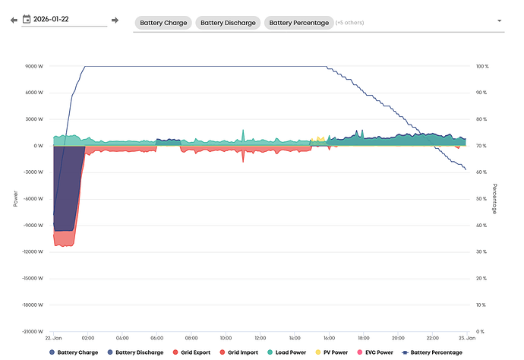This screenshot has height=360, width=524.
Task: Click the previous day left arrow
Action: (14, 20)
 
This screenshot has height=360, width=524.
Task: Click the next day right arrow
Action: (115, 20)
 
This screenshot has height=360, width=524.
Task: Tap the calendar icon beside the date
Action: (27, 19)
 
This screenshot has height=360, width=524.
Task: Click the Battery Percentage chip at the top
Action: (299, 23)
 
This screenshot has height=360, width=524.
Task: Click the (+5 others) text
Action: (350, 23)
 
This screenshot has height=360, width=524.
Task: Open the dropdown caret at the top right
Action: (499, 21)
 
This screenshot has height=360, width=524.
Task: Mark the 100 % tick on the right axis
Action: (482, 66)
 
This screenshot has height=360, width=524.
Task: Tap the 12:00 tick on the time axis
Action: (260, 338)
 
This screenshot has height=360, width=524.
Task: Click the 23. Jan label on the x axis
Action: (466, 338)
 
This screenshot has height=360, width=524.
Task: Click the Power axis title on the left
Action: (14, 198)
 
